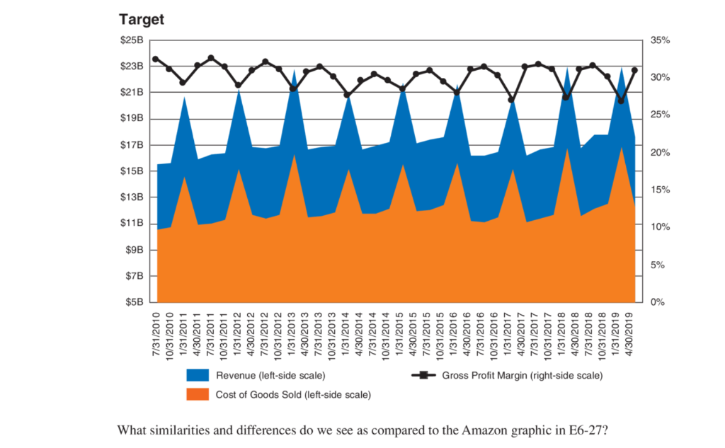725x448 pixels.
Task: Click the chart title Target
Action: (x=141, y=20)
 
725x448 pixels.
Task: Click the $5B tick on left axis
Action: (x=134, y=302)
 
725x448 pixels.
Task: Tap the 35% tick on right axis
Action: (x=659, y=40)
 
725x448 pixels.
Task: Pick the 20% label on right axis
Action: (x=659, y=153)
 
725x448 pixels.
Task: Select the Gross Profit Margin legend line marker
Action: (x=423, y=376)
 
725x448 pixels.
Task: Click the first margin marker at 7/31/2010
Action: (x=156, y=59)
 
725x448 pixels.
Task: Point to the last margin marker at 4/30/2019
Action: (x=634, y=70)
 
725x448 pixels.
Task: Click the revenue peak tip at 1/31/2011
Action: (x=184, y=97)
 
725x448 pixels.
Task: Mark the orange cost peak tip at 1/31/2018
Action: (x=566, y=148)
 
